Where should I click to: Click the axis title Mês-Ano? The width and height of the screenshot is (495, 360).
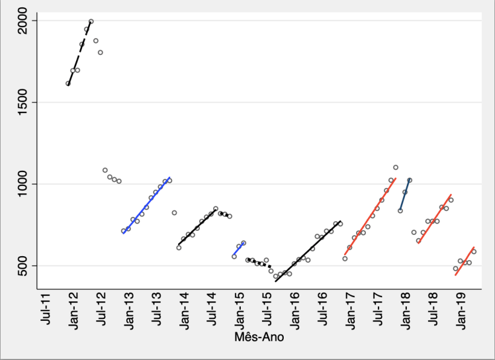259,338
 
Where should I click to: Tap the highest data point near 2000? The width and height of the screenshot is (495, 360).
91,21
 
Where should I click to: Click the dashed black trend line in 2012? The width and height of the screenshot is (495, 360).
78,53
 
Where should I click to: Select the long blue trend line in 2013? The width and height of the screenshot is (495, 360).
147,205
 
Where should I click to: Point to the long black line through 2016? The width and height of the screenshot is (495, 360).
308,251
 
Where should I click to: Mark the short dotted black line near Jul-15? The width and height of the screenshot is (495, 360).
261,263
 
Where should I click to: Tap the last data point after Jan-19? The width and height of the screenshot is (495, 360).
474,251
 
